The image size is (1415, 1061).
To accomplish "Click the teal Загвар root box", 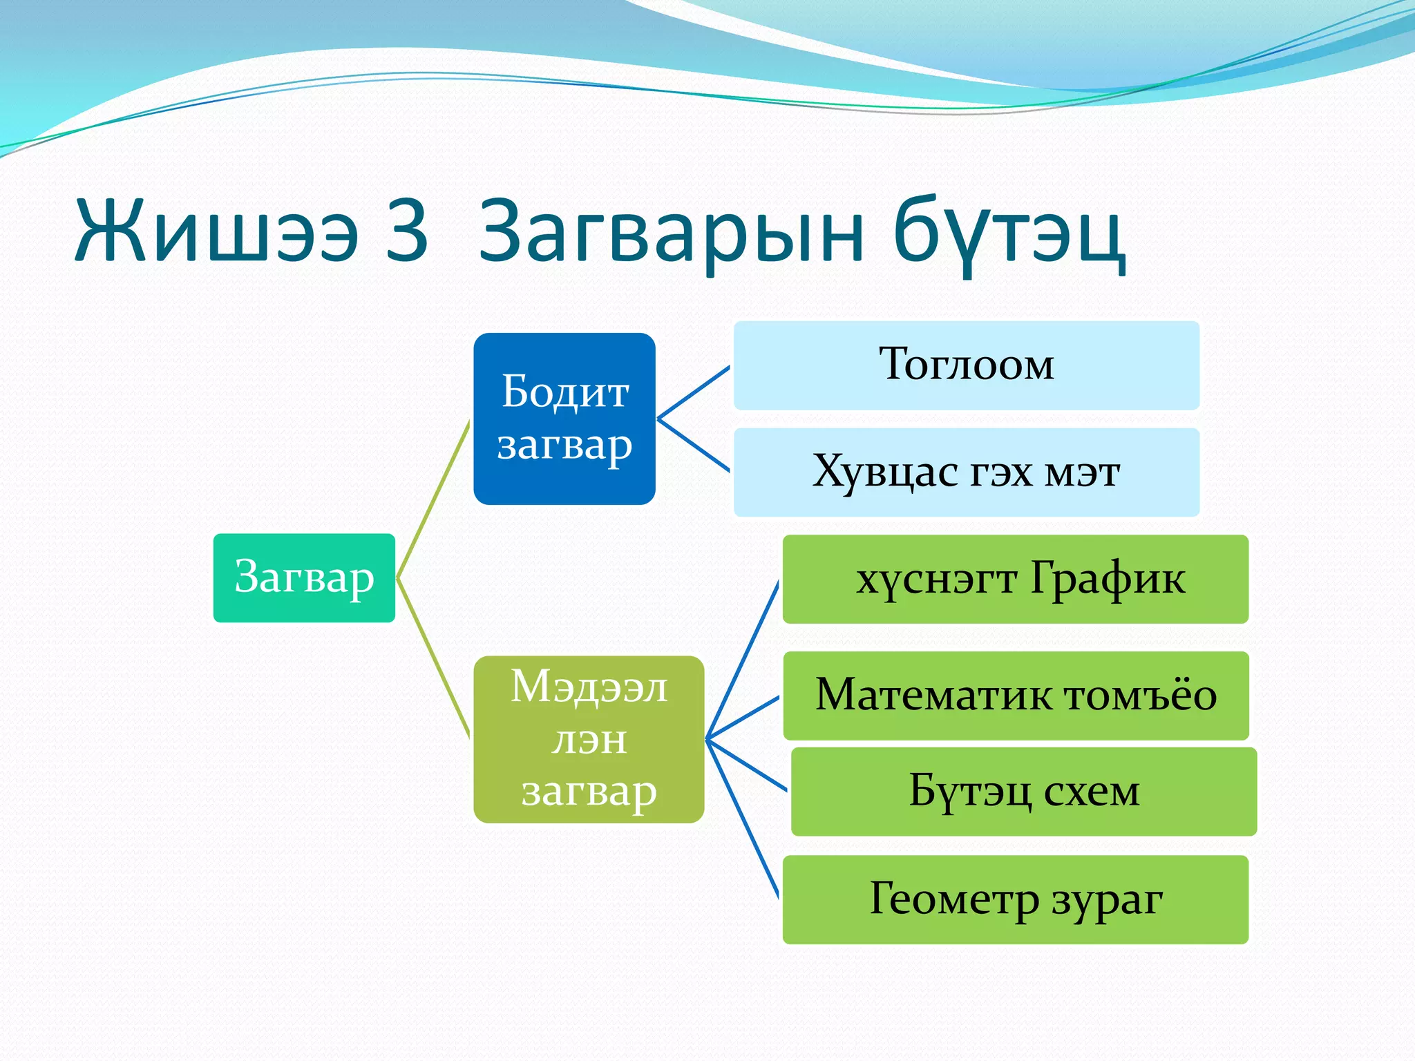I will (304, 577).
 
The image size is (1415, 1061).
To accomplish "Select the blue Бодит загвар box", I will (564, 419).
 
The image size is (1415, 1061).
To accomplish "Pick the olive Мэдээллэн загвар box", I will (589, 739).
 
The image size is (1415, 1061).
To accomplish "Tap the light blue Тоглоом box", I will (966, 365).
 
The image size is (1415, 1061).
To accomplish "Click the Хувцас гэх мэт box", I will (966, 472).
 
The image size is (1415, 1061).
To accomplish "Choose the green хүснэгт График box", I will (1015, 579).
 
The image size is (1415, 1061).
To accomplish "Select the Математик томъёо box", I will (1016, 696).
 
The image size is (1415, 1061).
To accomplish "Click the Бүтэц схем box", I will (1023, 792).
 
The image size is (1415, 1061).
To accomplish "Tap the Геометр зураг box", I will (1015, 899).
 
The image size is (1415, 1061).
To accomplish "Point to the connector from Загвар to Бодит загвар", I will (433, 499).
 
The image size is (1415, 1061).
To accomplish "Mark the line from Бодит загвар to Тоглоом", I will (693, 392).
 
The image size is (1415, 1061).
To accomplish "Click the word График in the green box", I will (1108, 579).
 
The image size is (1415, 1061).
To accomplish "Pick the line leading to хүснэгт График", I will (743, 660).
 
